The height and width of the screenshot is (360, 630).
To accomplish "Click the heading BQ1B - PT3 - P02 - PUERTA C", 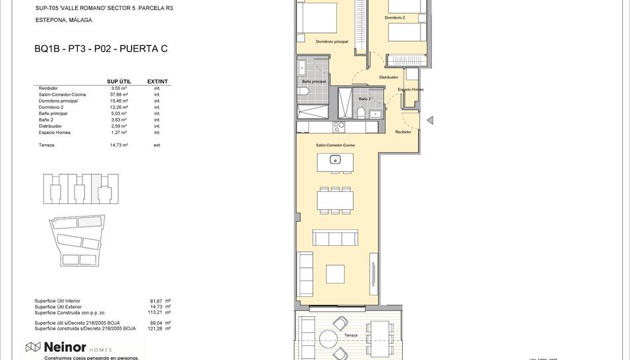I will point(100,49).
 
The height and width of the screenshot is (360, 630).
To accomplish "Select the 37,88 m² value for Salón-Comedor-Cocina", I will point(119,94).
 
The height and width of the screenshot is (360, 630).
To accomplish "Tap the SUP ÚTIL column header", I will point(119,82).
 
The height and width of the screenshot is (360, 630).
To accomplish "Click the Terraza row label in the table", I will point(47,145).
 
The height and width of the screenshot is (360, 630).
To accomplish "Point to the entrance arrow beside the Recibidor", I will point(430,120).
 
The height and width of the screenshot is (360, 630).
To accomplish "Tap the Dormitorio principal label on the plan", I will point(332,42).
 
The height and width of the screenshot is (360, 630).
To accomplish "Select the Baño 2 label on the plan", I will point(364,98).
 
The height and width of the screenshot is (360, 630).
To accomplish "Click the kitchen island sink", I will point(336,159).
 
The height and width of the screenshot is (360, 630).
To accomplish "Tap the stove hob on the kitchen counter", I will point(339,125).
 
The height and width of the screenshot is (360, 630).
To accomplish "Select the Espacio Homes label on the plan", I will point(411,90).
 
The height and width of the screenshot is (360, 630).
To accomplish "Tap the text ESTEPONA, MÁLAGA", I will point(64,21).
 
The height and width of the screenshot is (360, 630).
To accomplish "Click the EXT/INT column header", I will point(157,82).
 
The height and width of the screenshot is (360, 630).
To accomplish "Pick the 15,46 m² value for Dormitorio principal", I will point(119,101).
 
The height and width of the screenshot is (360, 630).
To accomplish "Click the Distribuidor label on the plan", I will point(389,77).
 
